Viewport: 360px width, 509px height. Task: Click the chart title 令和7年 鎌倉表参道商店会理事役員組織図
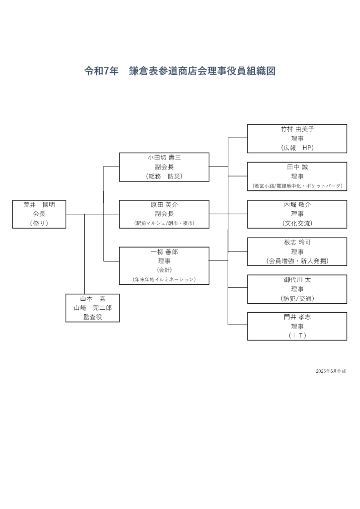[180, 71]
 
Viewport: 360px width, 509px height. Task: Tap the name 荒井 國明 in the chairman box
[39, 205]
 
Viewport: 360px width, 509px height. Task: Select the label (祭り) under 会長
[39, 223]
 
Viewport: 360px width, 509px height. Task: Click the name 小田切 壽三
[164, 158]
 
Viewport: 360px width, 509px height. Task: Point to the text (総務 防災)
[164, 176]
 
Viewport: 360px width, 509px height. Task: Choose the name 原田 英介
[164, 205]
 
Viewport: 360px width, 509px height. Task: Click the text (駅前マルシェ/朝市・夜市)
[164, 223]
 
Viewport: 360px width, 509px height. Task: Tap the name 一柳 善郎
[164, 252]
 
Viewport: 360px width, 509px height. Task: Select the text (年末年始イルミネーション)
[164, 279]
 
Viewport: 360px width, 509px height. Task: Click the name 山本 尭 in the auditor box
[93, 299]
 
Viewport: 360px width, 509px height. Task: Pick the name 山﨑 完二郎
[93, 308]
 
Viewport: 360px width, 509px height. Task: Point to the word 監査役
[93, 317]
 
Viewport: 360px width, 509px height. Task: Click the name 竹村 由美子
[297, 129]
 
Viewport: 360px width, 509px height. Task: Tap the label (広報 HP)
[297, 148]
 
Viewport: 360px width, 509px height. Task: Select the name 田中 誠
[297, 167]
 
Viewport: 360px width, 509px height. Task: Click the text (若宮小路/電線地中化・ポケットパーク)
[297, 185]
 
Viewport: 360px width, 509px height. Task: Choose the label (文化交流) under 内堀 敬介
[297, 223]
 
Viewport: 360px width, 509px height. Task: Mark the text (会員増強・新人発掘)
[297, 260]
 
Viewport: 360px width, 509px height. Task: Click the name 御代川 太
[297, 280]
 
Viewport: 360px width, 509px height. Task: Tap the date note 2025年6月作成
[331, 371]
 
